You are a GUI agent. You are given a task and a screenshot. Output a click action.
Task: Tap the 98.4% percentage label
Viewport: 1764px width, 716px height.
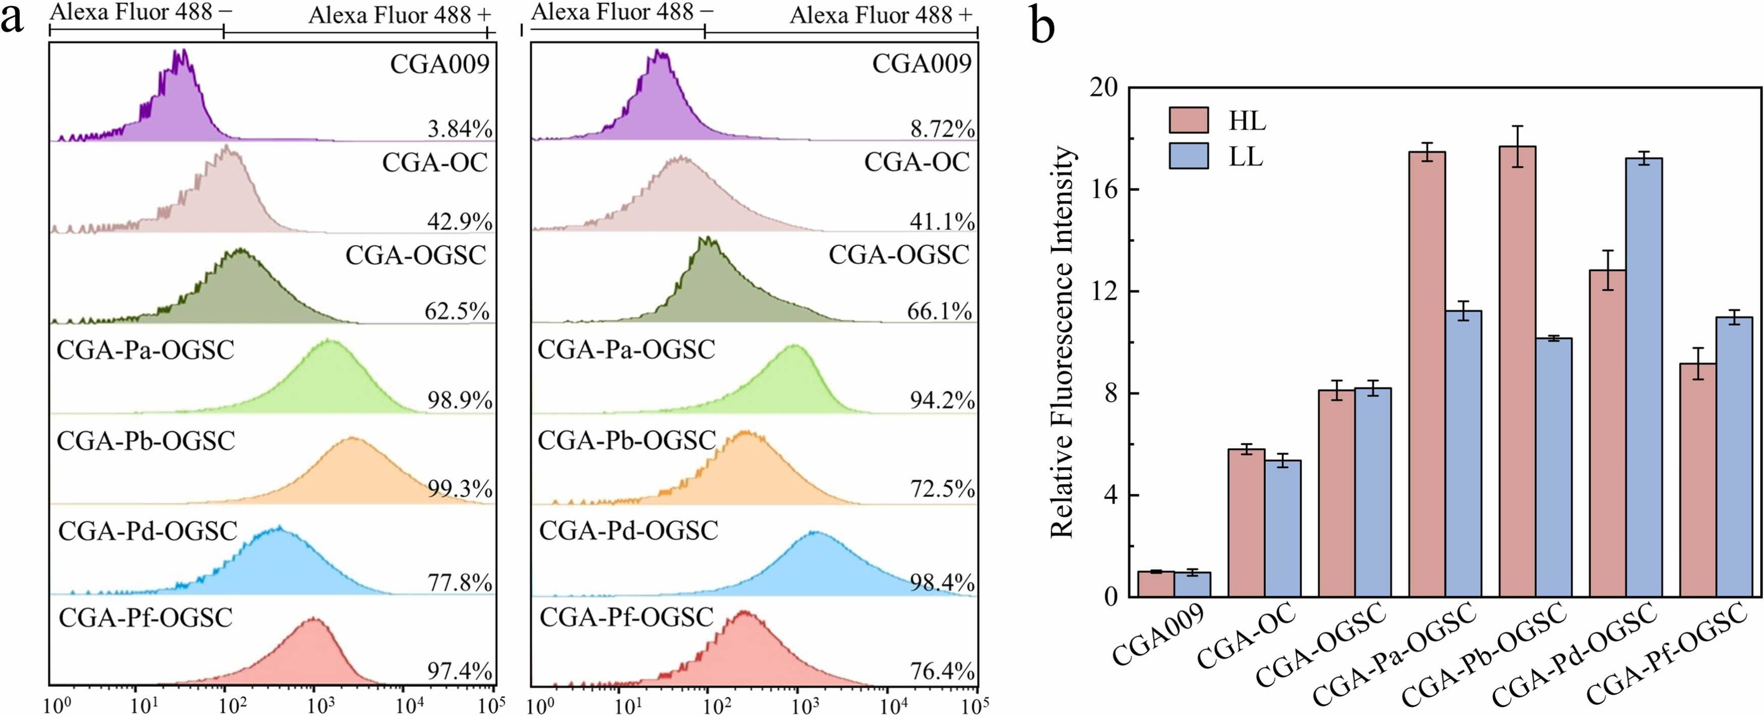click(x=942, y=583)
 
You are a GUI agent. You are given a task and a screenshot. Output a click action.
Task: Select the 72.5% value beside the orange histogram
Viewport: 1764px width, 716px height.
click(x=942, y=489)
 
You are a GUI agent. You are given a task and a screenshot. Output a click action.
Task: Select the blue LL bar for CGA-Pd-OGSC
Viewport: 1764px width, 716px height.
click(x=1644, y=377)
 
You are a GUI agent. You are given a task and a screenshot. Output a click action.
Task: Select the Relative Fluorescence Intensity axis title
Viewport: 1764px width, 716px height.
click(x=1062, y=342)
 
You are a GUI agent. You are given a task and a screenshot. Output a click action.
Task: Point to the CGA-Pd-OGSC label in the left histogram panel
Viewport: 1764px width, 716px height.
click(x=148, y=531)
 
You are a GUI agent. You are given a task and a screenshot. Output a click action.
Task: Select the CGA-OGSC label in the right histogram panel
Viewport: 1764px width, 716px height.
click(x=898, y=254)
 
